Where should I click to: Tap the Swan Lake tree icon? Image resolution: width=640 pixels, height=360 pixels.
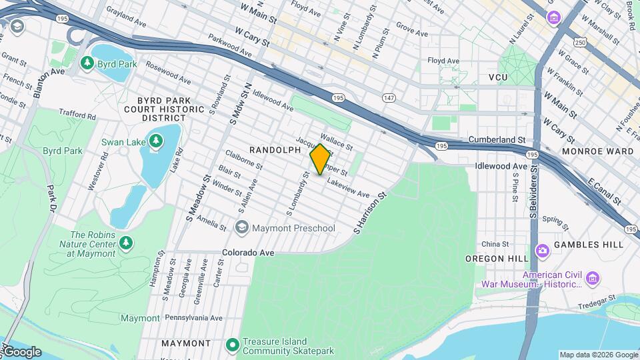coord(155,141)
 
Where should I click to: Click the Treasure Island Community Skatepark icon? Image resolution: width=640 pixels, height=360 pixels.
coord(232,345)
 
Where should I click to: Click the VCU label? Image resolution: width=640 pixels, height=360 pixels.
coord(497,78)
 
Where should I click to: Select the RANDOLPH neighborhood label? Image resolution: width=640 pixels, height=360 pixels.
coord(275,150)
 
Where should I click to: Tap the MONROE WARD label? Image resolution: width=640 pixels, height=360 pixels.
coord(597,151)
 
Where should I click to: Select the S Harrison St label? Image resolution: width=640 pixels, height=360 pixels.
coord(371,214)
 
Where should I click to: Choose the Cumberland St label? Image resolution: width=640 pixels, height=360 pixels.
coord(497,139)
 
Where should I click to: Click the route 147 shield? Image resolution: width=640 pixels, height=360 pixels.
coord(389,98)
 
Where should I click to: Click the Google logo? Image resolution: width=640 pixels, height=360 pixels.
coord(21,352)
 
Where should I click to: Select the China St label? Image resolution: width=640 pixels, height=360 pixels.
coord(495,244)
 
